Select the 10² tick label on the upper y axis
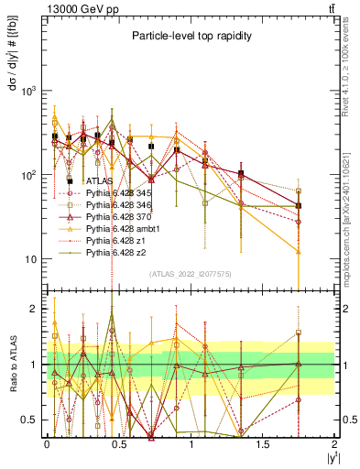[x=28, y=174]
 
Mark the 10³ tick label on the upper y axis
[x=28, y=91]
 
